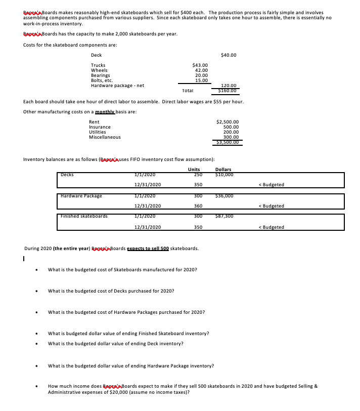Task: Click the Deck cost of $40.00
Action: pyautogui.click(x=229, y=55)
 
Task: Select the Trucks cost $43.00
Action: pyautogui.click(x=200, y=65)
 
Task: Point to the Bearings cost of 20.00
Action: pyautogui.click(x=201, y=75)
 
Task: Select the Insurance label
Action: pyautogui.click(x=100, y=127)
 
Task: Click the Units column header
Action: pyautogui.click(x=194, y=169)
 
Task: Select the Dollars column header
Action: pyautogui.click(x=223, y=169)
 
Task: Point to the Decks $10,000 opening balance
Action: pyautogui.click(x=223, y=175)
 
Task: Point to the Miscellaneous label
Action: pyautogui.click(x=105, y=137)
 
